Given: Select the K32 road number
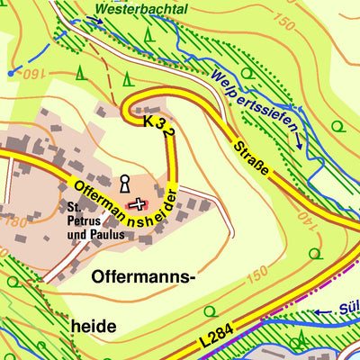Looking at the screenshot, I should (157, 127).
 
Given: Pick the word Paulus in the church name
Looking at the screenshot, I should (106, 236).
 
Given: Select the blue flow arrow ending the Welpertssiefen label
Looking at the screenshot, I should (298, 141).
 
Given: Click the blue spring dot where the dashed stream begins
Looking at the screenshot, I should (10, 72).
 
